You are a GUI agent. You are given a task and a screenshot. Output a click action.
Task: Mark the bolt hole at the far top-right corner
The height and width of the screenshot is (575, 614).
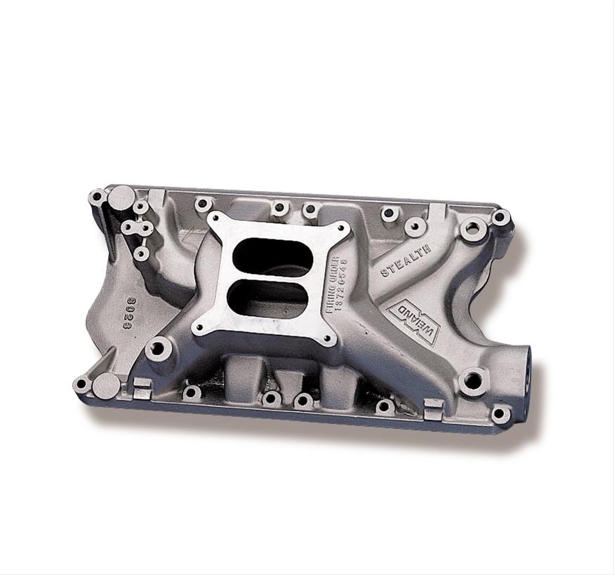(x=500, y=217)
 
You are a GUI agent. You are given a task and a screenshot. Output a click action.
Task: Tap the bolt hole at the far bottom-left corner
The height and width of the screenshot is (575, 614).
(x=82, y=385)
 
